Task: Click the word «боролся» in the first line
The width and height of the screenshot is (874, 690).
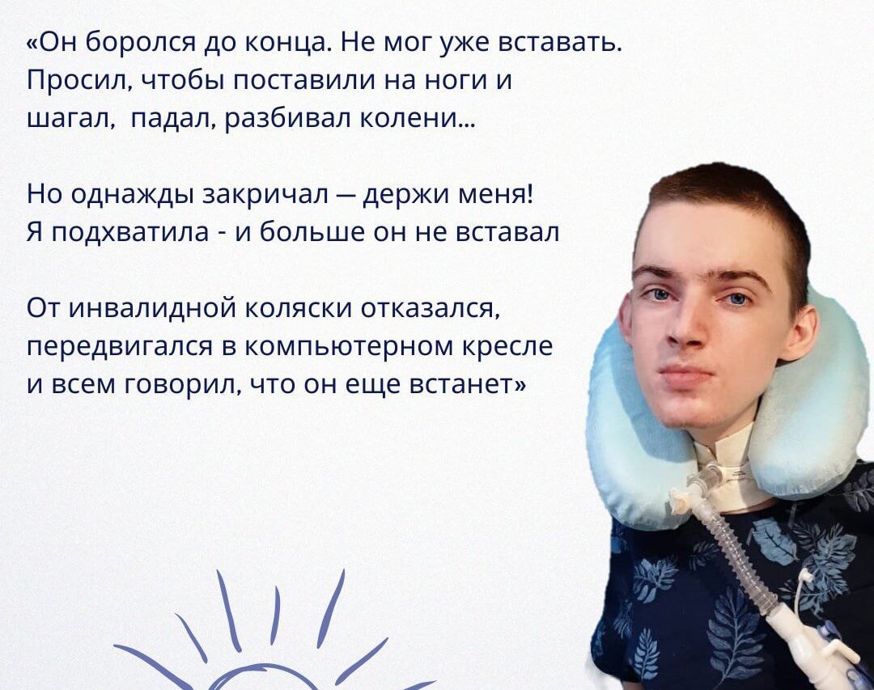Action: pyautogui.click(x=142, y=43)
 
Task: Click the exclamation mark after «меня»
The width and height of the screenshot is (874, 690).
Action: pyautogui.click(x=528, y=194)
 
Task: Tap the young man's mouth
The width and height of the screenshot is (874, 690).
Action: pyautogui.click(x=687, y=374)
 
